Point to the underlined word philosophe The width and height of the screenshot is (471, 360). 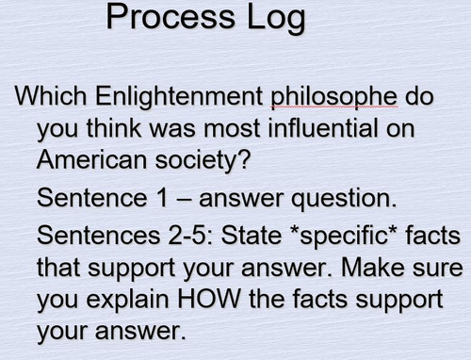331,97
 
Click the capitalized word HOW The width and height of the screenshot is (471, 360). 206,301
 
